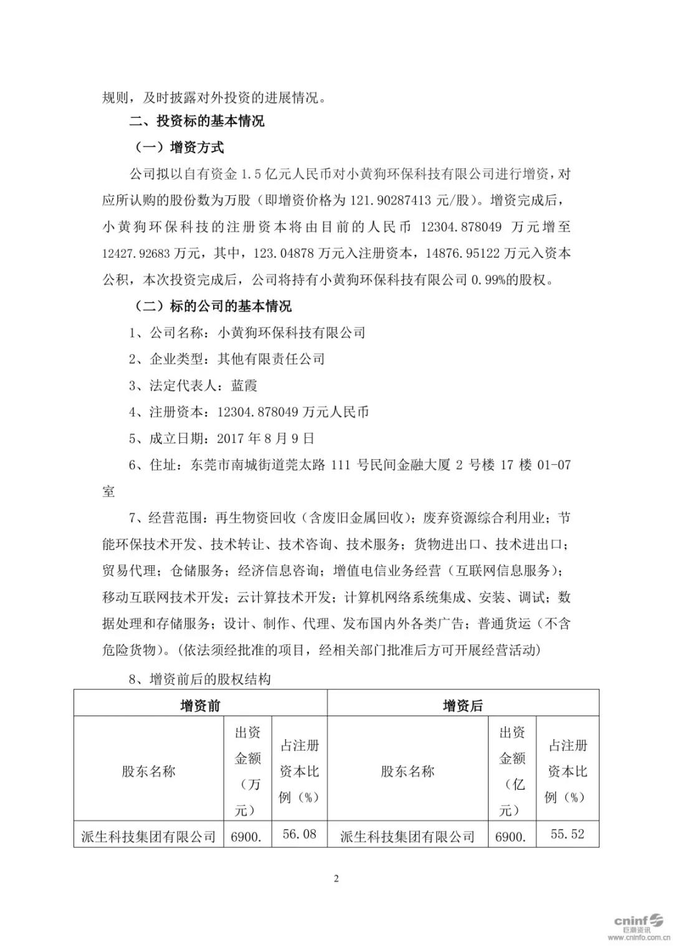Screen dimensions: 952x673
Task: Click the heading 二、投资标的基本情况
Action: point(196,121)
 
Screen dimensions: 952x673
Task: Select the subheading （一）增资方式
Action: point(179,148)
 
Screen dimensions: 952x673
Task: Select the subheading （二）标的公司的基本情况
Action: point(213,306)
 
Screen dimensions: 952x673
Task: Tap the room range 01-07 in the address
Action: point(554,465)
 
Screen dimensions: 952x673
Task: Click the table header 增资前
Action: point(200,706)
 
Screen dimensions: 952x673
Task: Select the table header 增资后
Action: point(462,706)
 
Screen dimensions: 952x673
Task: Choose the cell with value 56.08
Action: point(299,834)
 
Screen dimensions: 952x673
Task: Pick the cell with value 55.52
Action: point(567,834)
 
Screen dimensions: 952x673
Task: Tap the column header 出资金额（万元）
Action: point(247,772)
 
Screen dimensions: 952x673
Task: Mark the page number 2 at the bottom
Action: point(336,879)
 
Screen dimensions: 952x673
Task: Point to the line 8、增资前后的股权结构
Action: point(199,679)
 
